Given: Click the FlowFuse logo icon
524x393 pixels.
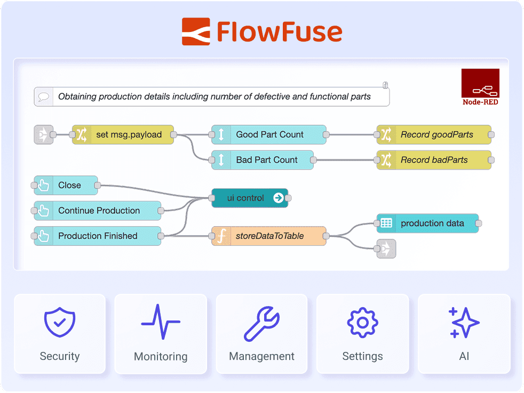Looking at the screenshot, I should [x=196, y=31].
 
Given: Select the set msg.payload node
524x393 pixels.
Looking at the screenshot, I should [x=123, y=135].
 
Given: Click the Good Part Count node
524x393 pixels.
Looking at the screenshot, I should [x=269, y=135].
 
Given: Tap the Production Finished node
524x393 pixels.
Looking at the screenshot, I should [x=98, y=236].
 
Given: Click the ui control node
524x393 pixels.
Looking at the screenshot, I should [x=250, y=198].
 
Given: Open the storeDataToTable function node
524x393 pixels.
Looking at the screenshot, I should [x=269, y=236].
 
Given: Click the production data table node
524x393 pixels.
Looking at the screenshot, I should [x=427, y=223].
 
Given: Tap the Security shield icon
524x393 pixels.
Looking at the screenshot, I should [x=59, y=322].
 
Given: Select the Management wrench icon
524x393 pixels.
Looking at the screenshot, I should [x=261, y=323].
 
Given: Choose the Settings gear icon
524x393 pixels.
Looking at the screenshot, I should [x=362, y=323].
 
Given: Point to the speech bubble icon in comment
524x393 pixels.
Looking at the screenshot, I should [x=45, y=97].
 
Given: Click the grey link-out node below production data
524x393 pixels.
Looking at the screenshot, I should [x=386, y=248].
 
